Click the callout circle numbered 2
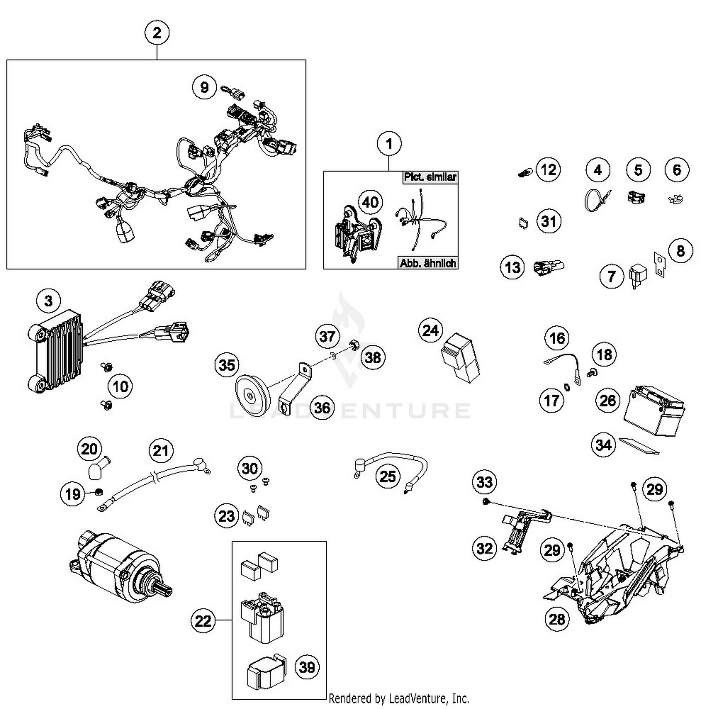tap(157, 33)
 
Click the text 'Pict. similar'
tap(430, 178)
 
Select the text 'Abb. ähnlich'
tap(427, 263)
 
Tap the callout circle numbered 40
tap(370, 202)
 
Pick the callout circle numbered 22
tap(203, 621)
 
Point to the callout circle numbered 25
tap(388, 476)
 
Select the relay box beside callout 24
tap(460, 358)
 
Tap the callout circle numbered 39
tap(307, 667)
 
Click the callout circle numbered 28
tap(557, 619)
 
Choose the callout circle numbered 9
tap(204, 87)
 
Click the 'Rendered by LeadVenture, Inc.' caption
tap(399, 699)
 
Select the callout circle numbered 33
tap(485, 481)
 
